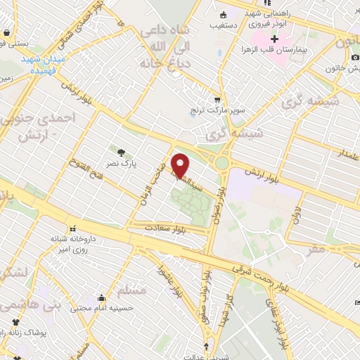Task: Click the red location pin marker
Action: click(x=181, y=165)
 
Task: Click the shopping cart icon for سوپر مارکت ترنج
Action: click(x=217, y=100)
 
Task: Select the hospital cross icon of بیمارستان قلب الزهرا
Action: click(x=275, y=37)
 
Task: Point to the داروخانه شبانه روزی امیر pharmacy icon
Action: click(x=71, y=228)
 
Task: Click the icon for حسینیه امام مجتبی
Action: click(x=103, y=297)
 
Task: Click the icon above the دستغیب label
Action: click(x=224, y=14)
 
